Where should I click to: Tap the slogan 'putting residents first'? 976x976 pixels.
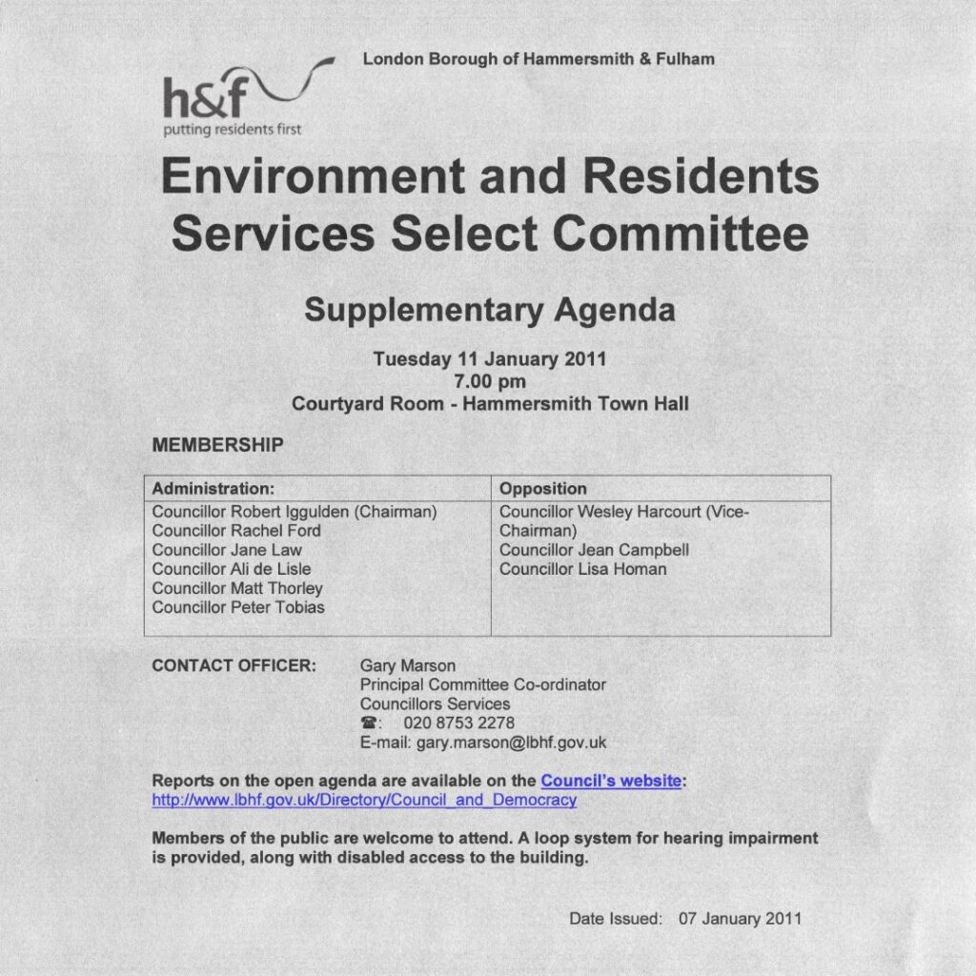[x=233, y=130]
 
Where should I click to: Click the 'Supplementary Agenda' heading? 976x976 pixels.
[x=489, y=310]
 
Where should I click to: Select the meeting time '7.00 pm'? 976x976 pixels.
[x=490, y=381]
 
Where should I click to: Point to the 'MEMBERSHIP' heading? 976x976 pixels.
[x=217, y=444]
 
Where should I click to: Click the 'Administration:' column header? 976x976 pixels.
[x=213, y=488]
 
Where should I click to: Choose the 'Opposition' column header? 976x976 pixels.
[x=543, y=488]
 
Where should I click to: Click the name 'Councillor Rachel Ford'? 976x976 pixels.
[x=236, y=531]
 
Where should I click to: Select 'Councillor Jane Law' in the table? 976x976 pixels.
[x=227, y=550]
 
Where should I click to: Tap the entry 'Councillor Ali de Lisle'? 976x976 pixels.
[x=232, y=569]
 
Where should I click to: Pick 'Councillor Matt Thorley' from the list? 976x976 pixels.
[x=237, y=588]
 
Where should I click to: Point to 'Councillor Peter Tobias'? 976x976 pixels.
[x=238, y=607]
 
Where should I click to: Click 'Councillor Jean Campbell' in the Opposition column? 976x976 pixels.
[x=594, y=550]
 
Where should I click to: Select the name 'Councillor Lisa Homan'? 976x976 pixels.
[x=583, y=569]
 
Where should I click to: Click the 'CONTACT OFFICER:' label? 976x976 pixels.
[x=234, y=665]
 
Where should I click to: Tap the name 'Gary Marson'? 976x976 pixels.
[x=408, y=665]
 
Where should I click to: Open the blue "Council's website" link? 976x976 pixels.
[x=611, y=781]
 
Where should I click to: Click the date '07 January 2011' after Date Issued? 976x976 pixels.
[x=741, y=919]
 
